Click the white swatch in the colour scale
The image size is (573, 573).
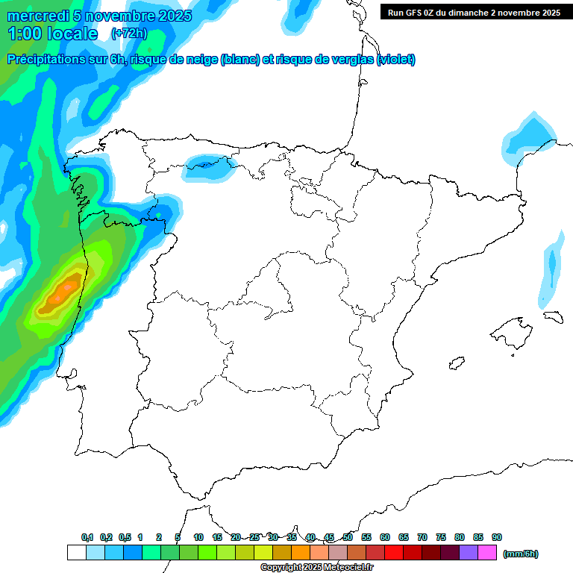pyautogui.click(x=76, y=552)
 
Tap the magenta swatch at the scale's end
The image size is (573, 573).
pyautogui.click(x=487, y=552)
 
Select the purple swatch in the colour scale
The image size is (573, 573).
pyautogui.click(x=469, y=552)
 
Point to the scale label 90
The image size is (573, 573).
pyautogui.click(x=497, y=537)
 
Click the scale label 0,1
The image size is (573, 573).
pyautogui.click(x=87, y=537)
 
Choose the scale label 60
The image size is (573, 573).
pyautogui.click(x=385, y=537)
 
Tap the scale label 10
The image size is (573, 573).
pyautogui.click(x=198, y=537)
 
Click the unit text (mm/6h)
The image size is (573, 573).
pyautogui.click(x=521, y=554)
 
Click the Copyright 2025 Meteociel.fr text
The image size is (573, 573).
pyautogui.click(x=317, y=568)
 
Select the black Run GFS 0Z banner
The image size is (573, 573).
pyautogui.click(x=474, y=13)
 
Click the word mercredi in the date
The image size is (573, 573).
pyautogui.click(x=37, y=16)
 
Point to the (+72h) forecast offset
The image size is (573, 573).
pyautogui.click(x=128, y=34)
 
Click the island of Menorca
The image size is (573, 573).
pyautogui.click(x=552, y=316)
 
